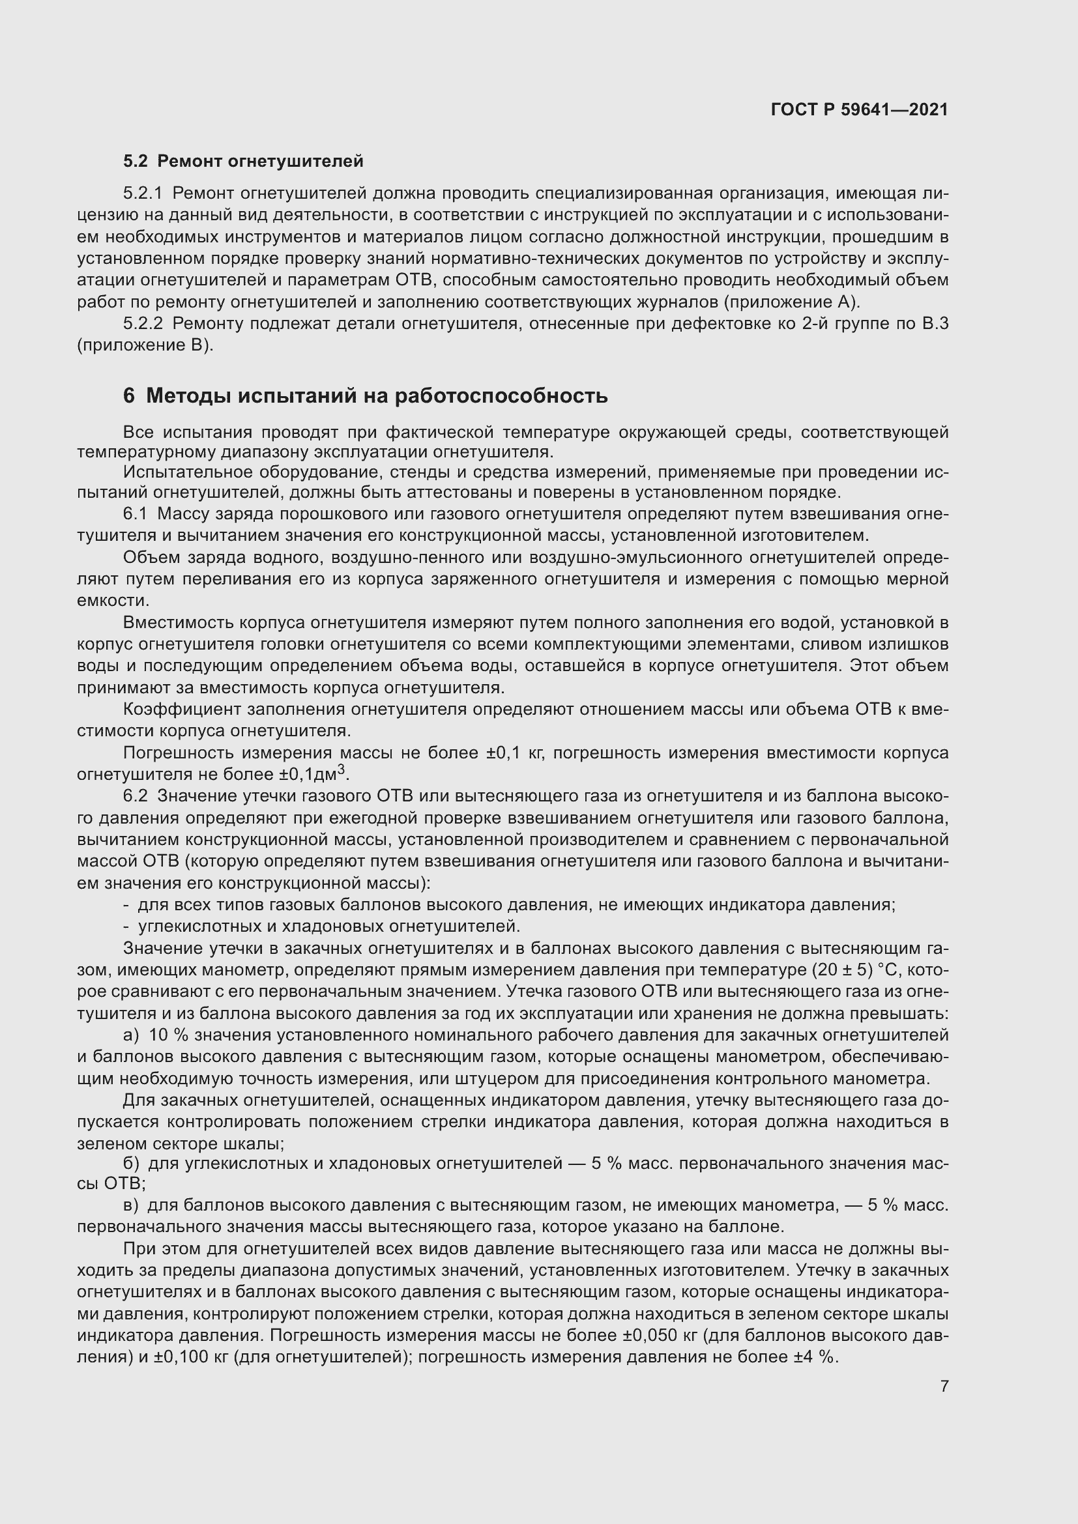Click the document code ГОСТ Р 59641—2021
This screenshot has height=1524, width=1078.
tap(859, 109)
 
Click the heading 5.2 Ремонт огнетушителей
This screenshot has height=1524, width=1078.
tap(243, 162)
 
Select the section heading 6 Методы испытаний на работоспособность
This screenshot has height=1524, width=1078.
tap(365, 395)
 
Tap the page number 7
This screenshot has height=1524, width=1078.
tap(944, 1386)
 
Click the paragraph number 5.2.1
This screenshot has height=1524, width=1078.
tap(143, 193)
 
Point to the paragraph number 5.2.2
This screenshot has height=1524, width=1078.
tap(143, 324)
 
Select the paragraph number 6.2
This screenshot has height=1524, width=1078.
tap(136, 796)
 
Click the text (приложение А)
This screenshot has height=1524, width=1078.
tap(791, 303)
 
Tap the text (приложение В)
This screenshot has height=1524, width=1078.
tap(145, 346)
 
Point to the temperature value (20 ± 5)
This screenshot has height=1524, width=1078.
tap(841, 970)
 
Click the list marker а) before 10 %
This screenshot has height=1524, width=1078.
tap(131, 1035)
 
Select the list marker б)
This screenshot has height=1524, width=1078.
tap(131, 1164)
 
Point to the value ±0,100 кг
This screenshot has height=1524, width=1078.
tap(194, 1357)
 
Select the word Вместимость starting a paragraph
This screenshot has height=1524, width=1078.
tap(178, 623)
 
